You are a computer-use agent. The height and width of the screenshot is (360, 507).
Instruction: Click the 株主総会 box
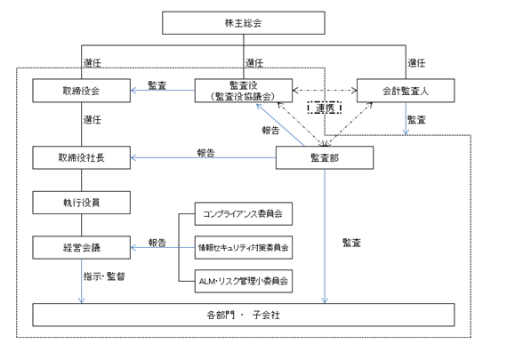(x=244, y=23)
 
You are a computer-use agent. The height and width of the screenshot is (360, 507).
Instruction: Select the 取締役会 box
(x=82, y=91)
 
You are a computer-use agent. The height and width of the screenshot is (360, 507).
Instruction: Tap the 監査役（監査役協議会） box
(x=244, y=91)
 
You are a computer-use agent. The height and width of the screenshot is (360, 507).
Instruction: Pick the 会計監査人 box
(x=406, y=91)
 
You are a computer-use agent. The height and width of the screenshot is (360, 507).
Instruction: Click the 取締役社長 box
(x=82, y=157)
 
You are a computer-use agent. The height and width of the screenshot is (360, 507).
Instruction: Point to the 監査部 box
(x=325, y=157)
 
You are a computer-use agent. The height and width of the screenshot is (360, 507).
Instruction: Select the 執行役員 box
(x=82, y=203)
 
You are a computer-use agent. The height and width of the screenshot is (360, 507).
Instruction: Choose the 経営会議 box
(x=82, y=247)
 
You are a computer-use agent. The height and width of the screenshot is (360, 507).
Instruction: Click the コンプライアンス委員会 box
(x=244, y=214)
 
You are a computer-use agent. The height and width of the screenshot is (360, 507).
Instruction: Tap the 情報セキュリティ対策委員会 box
(x=244, y=247)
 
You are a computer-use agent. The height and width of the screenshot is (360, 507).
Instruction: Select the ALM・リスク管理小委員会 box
(x=244, y=281)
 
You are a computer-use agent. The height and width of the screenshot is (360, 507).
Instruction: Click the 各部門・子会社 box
(x=244, y=315)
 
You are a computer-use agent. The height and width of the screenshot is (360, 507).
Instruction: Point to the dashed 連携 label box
(x=325, y=108)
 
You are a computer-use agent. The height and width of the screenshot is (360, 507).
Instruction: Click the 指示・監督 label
(x=104, y=276)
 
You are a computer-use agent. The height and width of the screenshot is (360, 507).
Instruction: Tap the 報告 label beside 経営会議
(x=157, y=243)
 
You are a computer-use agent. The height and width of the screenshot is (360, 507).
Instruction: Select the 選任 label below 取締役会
(x=93, y=120)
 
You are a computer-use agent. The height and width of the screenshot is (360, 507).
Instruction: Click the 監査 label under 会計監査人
(x=416, y=120)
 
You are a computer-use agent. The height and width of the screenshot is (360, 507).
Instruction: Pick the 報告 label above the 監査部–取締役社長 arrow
(x=206, y=153)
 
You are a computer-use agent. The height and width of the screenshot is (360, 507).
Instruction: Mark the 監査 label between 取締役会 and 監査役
(x=157, y=85)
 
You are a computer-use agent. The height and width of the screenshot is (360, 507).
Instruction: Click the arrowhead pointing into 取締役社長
(x=133, y=157)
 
